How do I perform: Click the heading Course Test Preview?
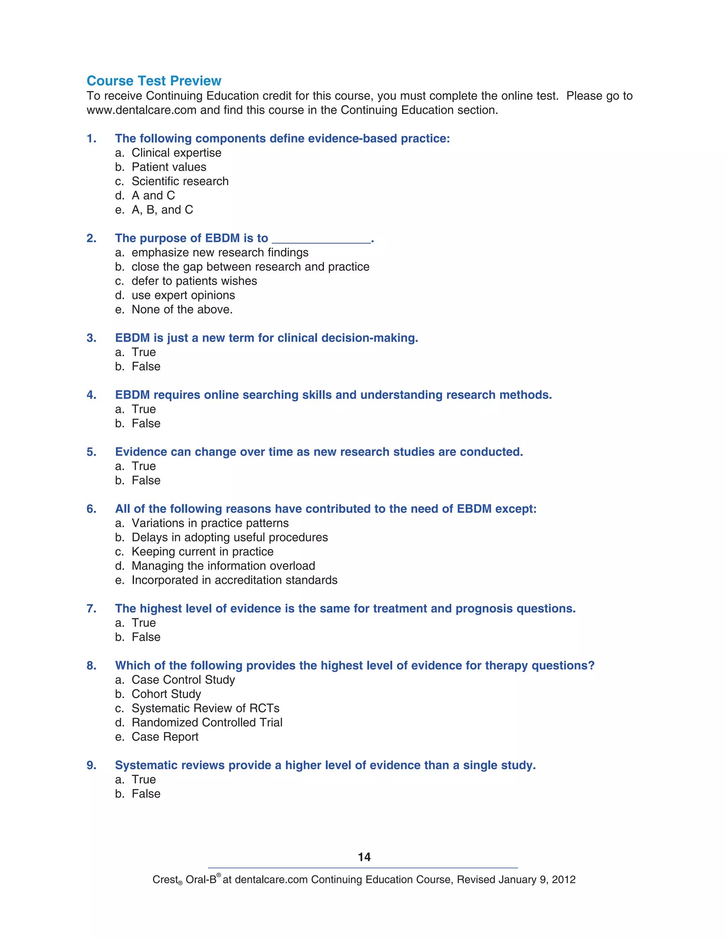153,81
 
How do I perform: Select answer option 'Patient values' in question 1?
169,167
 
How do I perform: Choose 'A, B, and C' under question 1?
162,210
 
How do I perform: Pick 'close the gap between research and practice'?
250,267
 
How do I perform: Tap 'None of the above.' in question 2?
182,309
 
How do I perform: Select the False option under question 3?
146,366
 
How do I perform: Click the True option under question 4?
144,409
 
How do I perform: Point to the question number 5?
91,452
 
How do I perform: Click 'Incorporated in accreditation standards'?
234,580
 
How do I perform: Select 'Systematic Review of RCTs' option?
205,708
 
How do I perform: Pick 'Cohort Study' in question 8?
166,694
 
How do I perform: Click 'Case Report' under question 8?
165,737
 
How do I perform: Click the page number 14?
364,857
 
